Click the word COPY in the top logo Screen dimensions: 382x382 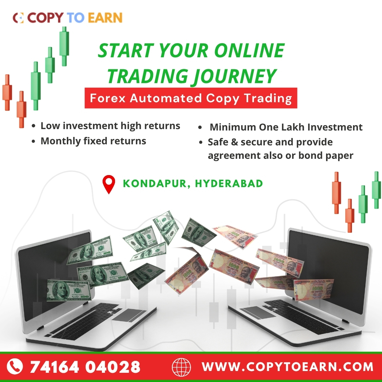click(45, 18)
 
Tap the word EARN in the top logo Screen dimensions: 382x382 click(105, 18)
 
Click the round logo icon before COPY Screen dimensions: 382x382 click(18, 18)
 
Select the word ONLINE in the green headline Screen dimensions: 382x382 click(249, 50)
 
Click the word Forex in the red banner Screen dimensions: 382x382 click(108, 98)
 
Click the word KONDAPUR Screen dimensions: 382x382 click(155, 184)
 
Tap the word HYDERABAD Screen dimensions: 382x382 click(229, 183)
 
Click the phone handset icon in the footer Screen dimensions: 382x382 click(15, 366)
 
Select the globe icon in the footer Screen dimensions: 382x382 click(181, 367)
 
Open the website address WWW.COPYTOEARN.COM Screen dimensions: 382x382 click(288, 366)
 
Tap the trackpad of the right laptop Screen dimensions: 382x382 click(259, 313)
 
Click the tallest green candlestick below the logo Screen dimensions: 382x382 click(64, 46)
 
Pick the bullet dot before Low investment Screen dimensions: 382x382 click(34, 126)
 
